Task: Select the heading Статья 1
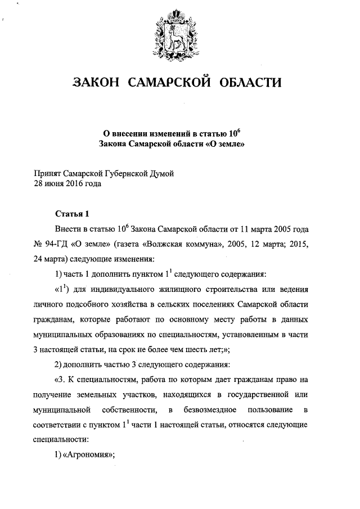tap(72, 214)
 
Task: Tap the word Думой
tap(159, 174)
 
